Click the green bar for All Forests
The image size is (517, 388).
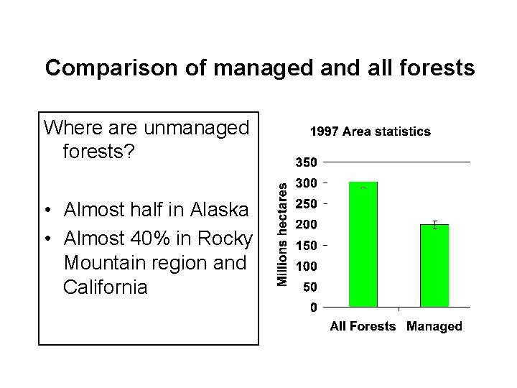(363, 244)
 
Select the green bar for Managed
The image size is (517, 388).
(434, 266)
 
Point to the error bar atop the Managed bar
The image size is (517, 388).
(434, 225)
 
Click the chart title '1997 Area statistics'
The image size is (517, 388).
(370, 131)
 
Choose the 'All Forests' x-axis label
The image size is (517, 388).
(363, 326)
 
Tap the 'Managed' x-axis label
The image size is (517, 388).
(434, 326)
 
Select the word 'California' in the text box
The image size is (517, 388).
(105, 287)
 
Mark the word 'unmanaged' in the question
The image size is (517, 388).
(196, 128)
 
